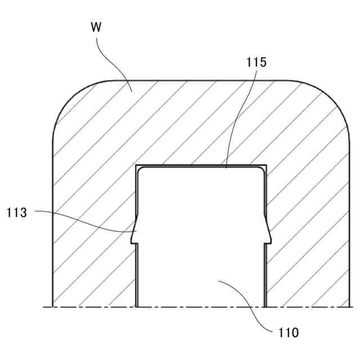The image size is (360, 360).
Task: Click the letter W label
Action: coord(97,26)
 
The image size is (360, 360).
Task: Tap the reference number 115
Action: coord(256,62)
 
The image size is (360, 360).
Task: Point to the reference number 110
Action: coord(289,331)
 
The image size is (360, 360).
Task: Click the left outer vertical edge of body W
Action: coord(52,225)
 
